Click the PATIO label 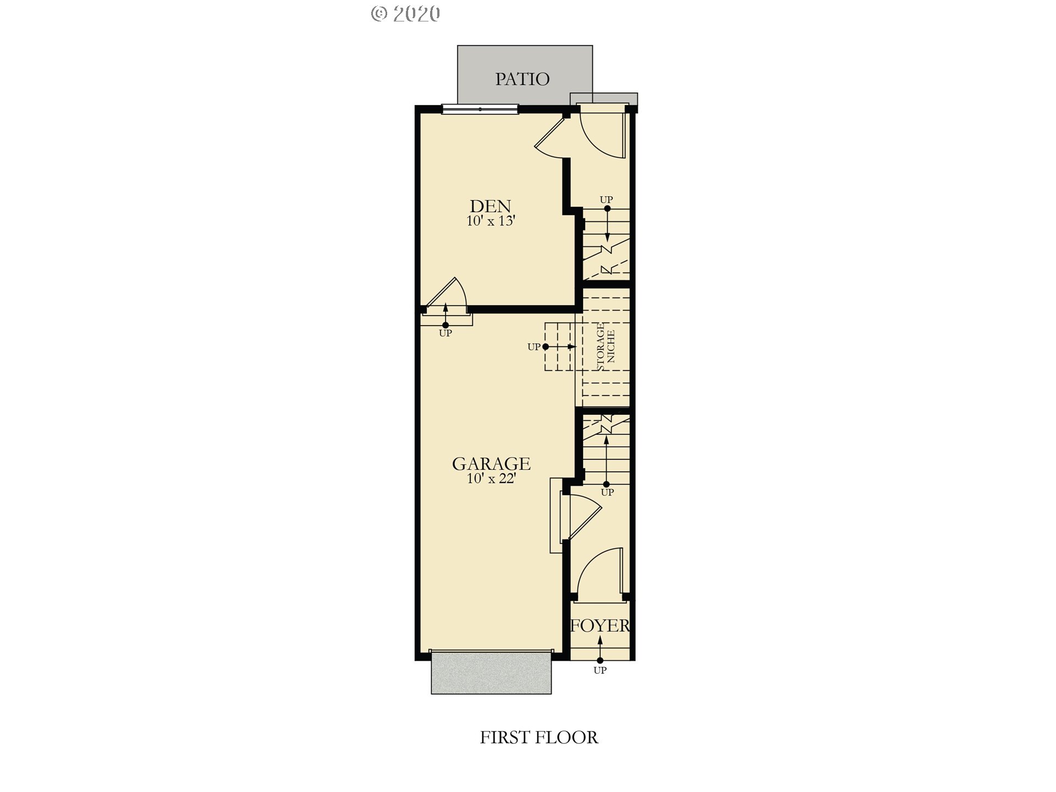tap(522, 79)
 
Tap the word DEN tap(490, 206)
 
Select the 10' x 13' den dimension tap(491, 221)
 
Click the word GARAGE tap(491, 464)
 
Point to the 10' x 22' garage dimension tap(491, 479)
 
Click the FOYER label tap(600, 625)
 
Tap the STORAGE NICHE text tap(606, 346)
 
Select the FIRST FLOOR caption tap(539, 738)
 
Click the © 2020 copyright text tap(405, 14)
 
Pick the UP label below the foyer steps tap(600, 670)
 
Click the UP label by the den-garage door tap(446, 333)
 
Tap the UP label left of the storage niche tap(534, 347)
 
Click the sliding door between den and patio tap(480, 109)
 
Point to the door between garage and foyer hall tap(580, 515)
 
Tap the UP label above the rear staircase tap(606, 200)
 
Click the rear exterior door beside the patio tap(602, 135)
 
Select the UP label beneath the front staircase tap(607, 493)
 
